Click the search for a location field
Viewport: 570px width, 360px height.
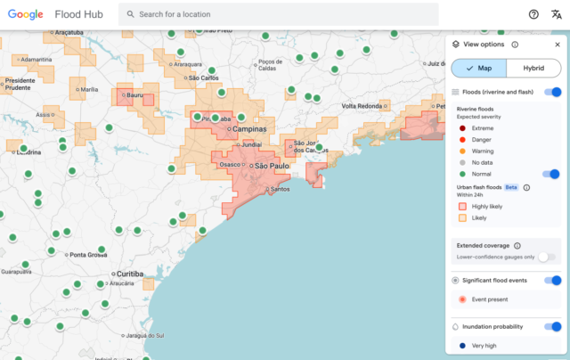pos(285,14)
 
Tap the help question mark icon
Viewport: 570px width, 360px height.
pos(533,14)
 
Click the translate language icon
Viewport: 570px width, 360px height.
pos(557,14)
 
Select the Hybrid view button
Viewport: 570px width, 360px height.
pos(534,69)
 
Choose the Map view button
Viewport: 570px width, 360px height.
pos(479,69)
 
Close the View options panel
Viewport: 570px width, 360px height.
pos(558,44)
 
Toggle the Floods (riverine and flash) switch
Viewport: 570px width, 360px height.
pos(553,92)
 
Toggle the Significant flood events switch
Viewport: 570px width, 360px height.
pos(553,281)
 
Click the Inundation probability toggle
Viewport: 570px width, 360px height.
pos(553,327)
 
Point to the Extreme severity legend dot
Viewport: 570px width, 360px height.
pos(462,128)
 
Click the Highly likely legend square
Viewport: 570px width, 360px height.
pos(462,207)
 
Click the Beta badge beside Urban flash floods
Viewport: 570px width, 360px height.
pos(511,187)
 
